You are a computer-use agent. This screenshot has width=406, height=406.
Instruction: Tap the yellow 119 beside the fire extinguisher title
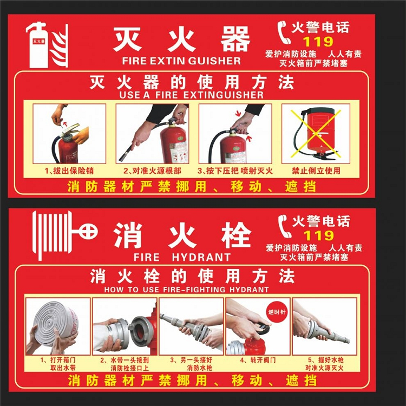pos(318,42)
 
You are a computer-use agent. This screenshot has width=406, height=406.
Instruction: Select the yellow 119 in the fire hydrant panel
pos(319,235)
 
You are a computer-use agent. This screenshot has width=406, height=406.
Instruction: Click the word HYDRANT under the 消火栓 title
pos(201,257)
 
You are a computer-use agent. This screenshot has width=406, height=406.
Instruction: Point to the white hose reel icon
pos(65,235)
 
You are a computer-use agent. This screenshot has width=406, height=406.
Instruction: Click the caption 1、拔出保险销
pos(69,171)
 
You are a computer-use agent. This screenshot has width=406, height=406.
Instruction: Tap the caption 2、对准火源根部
pos(152,171)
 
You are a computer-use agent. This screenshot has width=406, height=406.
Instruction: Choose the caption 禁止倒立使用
pos(316,171)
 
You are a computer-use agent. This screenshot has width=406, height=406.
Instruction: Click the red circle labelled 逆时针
pos(277,312)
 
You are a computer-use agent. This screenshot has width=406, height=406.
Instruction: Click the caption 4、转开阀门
pos(258,360)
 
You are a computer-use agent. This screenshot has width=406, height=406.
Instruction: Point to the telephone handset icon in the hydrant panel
pos(285,226)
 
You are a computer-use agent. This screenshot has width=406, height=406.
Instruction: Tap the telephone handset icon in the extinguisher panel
pos(284,32)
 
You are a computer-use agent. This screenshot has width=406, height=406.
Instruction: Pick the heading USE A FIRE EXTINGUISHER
pos(191,95)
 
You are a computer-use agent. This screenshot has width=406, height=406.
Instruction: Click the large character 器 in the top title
pos(235,39)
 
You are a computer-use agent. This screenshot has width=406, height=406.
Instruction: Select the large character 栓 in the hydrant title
pos(237,235)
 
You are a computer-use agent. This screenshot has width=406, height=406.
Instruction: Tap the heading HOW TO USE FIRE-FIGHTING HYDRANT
pos(186,290)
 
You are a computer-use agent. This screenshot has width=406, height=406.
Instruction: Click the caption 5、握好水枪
pos(326,360)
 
